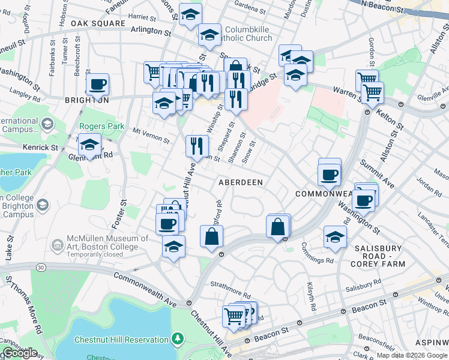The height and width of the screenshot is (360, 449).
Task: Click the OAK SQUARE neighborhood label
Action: coord(98,23)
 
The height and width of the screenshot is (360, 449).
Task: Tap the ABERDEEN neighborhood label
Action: coord(241,182)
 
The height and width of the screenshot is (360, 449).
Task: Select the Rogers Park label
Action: coord(101,127)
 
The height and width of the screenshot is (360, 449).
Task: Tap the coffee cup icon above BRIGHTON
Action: coord(97,85)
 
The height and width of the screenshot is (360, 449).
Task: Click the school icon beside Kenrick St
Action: coord(89,145)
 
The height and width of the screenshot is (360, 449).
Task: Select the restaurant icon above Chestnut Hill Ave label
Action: coord(197,145)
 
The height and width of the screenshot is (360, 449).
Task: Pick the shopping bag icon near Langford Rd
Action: coord(212,236)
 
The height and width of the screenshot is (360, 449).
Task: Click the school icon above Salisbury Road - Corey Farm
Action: coord(335,237)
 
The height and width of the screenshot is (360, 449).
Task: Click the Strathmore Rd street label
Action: coord(228,284)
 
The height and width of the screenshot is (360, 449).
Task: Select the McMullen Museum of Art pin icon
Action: coord(58,245)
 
